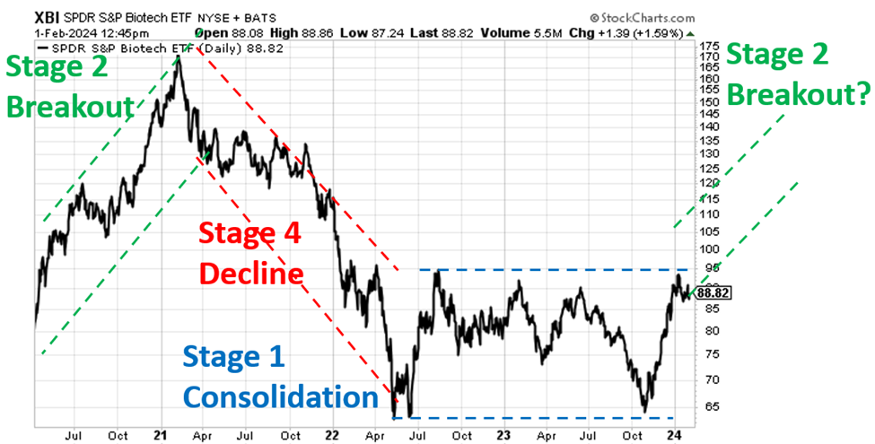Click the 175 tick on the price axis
[709, 45]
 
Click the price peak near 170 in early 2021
[178, 57]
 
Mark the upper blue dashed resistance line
[556, 269]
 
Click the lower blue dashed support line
[556, 417]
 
